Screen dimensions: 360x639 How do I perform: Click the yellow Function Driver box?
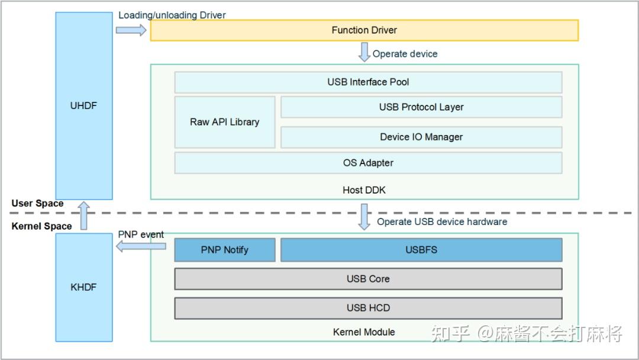point(364,30)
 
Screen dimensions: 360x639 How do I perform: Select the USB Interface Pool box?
point(368,82)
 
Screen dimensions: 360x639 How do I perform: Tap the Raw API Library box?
point(225,122)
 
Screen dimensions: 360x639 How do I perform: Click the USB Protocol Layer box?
point(421,107)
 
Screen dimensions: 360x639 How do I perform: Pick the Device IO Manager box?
point(421,137)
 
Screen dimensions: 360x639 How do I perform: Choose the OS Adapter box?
point(368,163)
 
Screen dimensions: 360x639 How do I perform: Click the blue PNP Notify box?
point(225,250)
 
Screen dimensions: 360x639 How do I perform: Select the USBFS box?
point(421,250)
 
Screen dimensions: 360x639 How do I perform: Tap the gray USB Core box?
point(368,279)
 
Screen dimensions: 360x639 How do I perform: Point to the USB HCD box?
point(368,308)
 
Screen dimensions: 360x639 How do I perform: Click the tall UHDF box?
point(83,106)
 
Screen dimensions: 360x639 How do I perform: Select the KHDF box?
point(83,287)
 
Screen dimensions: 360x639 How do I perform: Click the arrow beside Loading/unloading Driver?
point(131,30)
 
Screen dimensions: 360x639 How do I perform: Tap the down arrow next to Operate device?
point(364,52)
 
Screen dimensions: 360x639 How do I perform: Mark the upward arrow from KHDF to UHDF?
point(84,216)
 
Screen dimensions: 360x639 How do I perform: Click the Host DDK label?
point(364,190)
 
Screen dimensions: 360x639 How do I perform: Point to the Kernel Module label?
point(364,332)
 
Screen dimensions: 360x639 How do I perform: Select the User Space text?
point(37,203)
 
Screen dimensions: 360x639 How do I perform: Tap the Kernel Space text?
point(41,226)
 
